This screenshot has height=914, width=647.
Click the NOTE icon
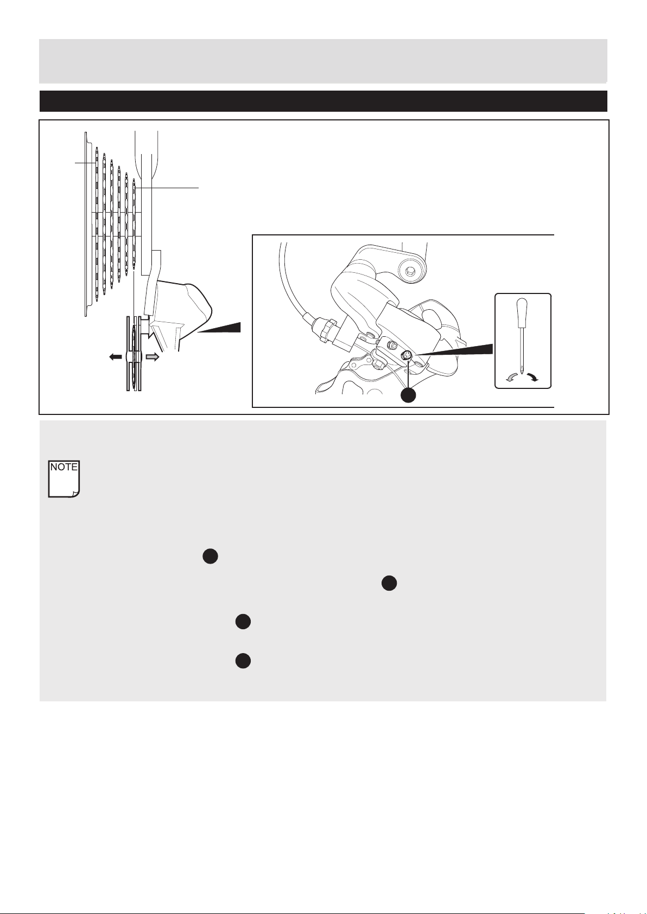(x=64, y=479)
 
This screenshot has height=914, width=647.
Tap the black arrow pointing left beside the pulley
(x=116, y=357)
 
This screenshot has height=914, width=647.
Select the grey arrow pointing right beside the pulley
(x=153, y=357)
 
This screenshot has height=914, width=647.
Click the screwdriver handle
(x=522, y=313)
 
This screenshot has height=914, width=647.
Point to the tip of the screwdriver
(x=523, y=373)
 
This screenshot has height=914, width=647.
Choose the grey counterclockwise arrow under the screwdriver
(x=511, y=378)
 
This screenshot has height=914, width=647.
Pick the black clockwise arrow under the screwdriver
(x=532, y=377)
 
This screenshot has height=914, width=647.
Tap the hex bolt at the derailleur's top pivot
(x=410, y=269)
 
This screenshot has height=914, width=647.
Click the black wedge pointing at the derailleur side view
(x=219, y=328)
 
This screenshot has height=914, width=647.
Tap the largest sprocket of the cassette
(x=97, y=225)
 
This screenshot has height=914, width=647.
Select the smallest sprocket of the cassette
(x=134, y=225)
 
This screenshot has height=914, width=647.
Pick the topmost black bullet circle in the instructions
(x=210, y=557)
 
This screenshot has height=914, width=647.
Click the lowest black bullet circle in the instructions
(x=243, y=661)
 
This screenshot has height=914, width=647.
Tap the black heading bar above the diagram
(x=323, y=101)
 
